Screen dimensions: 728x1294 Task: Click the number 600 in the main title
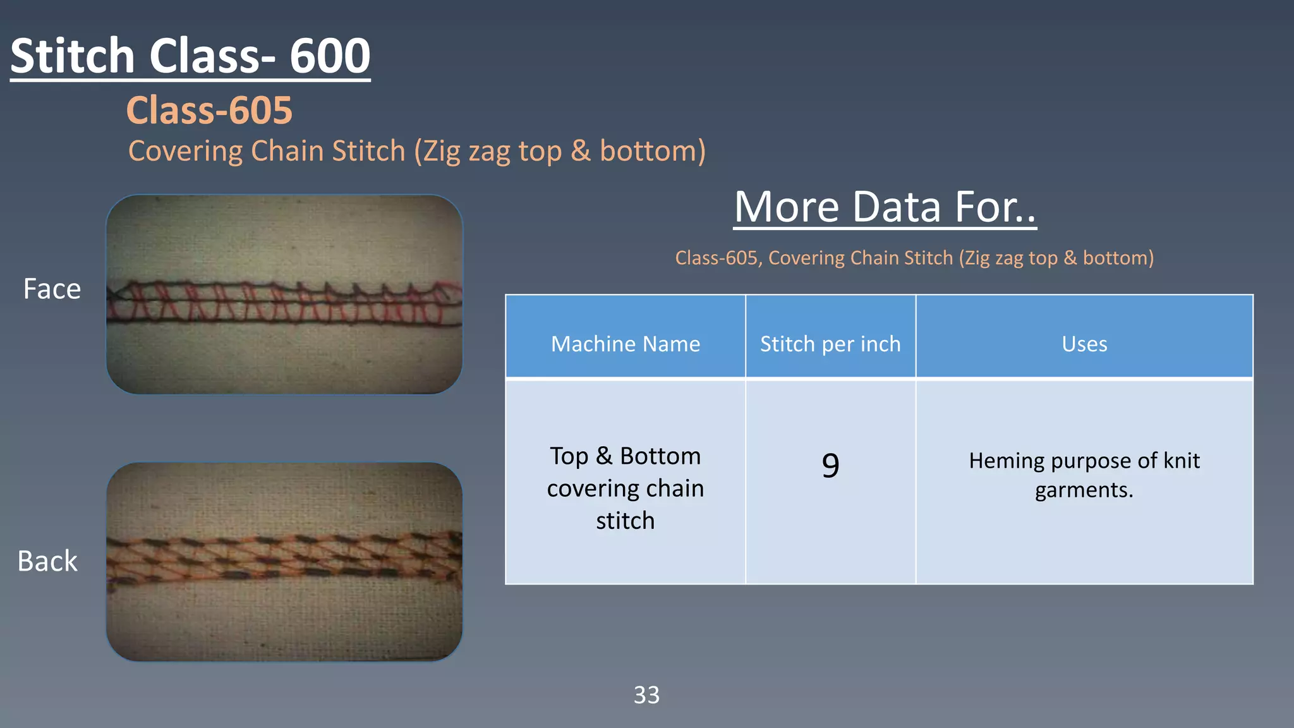(x=330, y=56)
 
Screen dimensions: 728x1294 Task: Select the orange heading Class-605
(x=209, y=110)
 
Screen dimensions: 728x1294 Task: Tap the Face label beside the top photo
(x=52, y=289)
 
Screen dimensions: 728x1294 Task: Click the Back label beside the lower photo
(x=47, y=561)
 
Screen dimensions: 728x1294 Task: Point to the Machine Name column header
(x=625, y=344)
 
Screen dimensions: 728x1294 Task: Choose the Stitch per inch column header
(x=830, y=344)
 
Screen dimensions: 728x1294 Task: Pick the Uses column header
(x=1084, y=344)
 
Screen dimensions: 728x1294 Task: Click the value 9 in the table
(x=830, y=465)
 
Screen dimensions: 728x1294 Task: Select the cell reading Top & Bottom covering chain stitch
(x=625, y=488)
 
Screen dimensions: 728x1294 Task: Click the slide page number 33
(x=646, y=695)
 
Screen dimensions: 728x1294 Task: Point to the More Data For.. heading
(x=885, y=207)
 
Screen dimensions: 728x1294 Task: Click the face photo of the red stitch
(x=284, y=294)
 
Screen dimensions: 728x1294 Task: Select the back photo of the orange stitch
(x=284, y=562)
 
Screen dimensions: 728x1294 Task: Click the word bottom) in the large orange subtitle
(x=652, y=151)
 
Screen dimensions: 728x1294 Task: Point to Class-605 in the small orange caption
(x=716, y=258)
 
